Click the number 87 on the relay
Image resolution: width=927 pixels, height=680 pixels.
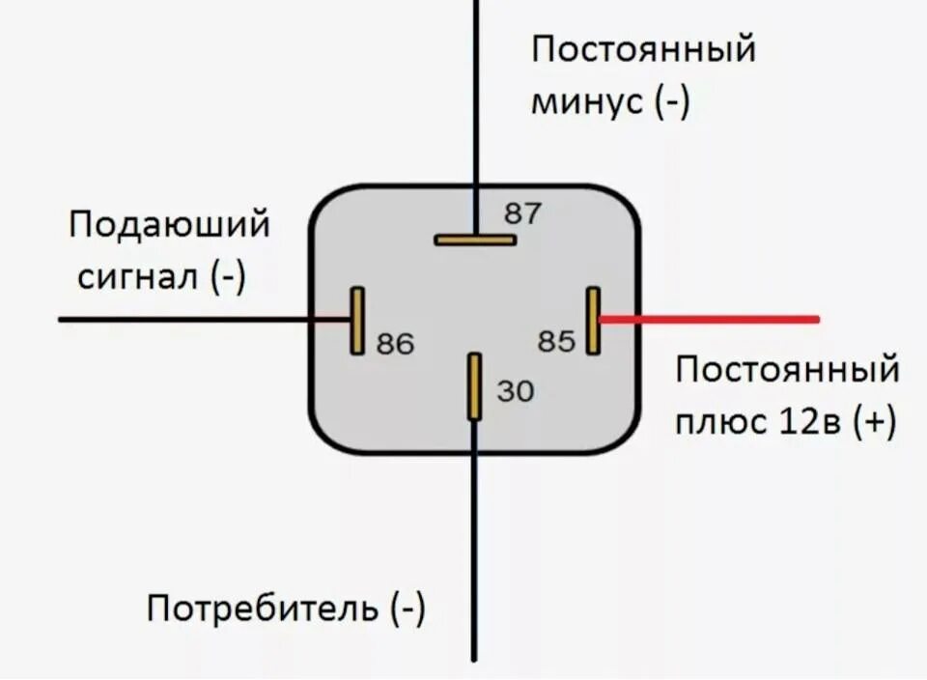pos(523,213)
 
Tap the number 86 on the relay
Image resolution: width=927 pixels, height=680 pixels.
pos(394,343)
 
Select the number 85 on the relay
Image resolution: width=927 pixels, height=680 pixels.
pos(556,341)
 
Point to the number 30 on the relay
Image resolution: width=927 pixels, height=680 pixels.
pos(515,390)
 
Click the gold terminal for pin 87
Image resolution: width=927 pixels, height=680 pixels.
pos(474,239)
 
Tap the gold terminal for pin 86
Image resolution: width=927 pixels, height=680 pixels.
pos(357,320)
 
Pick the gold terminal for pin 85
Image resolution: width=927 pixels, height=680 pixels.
pos(593,320)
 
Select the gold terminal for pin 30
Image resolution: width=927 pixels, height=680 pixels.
pos(474,386)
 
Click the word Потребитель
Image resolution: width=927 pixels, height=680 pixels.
pos(262,609)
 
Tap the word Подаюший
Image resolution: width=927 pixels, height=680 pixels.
pos(169,226)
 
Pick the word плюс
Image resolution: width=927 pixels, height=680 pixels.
pos(716,422)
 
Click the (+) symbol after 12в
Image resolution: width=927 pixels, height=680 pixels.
pos(874,422)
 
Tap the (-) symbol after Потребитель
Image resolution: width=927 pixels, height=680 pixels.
pos(407,609)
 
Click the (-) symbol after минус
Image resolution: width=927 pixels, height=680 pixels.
pos(671,101)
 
